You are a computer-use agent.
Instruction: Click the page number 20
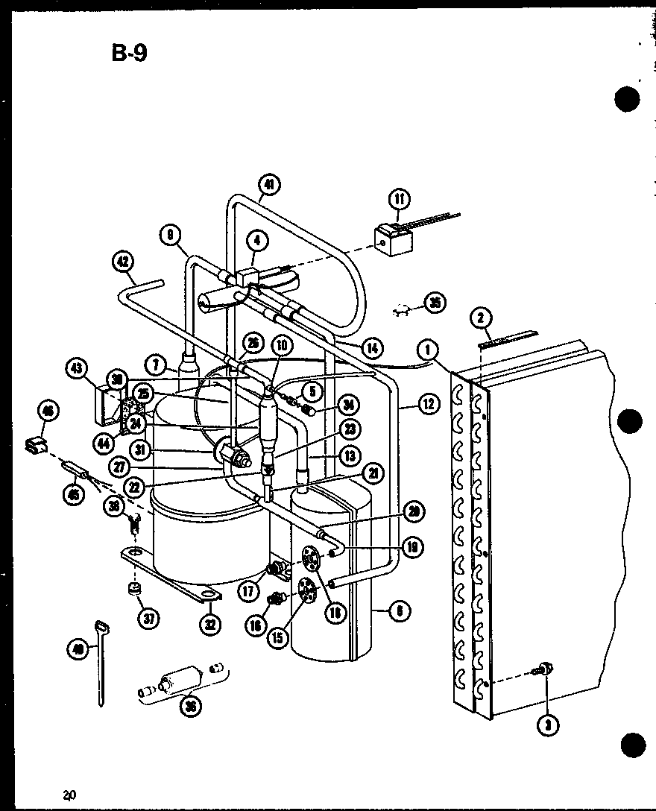pos(70,794)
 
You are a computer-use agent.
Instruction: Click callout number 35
pos(433,302)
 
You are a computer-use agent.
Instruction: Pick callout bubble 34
pos(347,405)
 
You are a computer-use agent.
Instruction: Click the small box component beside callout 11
pos(394,238)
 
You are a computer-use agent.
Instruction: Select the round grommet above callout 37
pos(135,590)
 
